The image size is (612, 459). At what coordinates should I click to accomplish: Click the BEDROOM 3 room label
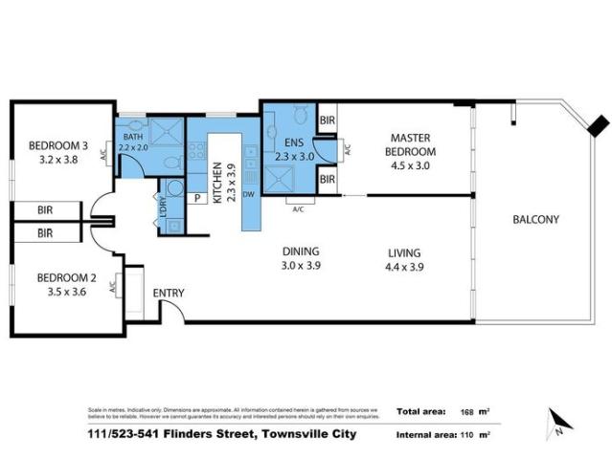[x=57, y=153]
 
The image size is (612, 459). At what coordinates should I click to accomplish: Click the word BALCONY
[x=535, y=219]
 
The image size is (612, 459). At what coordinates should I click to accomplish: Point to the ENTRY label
[x=169, y=294]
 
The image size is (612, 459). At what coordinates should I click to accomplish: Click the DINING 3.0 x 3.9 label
[x=300, y=259]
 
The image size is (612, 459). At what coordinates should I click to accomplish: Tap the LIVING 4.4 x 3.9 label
[x=403, y=259]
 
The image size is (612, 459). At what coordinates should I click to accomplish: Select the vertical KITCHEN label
[x=218, y=182]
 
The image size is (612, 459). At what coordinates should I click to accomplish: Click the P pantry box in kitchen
[x=196, y=198]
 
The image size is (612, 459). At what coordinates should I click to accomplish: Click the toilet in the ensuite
[x=302, y=118]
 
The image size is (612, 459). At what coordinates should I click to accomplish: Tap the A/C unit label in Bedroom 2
[x=114, y=285]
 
